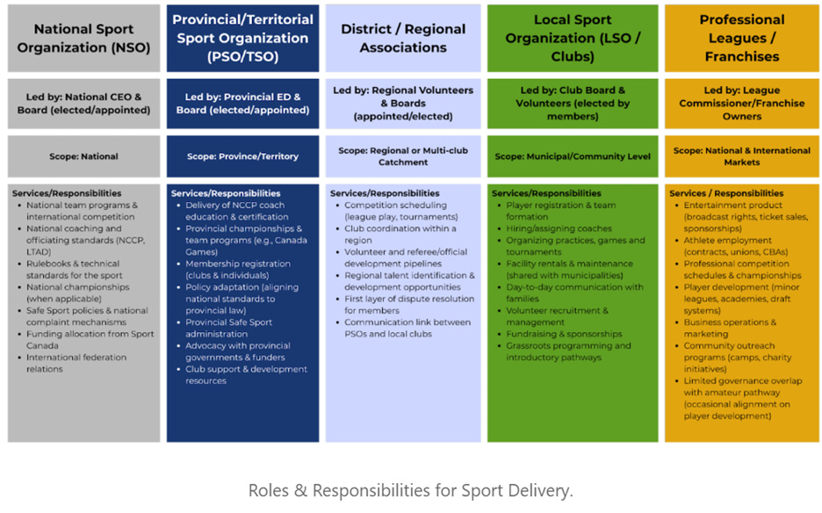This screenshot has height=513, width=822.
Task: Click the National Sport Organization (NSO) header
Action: (83, 38)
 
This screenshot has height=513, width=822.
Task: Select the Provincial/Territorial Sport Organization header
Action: (242, 38)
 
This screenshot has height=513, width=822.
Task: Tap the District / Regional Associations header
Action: (403, 38)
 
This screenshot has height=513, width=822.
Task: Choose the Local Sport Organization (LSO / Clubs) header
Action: (573, 38)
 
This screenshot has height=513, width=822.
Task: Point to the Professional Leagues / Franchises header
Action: (741, 38)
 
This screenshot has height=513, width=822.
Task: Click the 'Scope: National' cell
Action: (83, 156)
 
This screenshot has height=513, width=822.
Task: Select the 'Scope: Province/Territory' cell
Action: (242, 156)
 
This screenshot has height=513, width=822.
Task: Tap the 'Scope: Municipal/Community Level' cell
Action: (573, 156)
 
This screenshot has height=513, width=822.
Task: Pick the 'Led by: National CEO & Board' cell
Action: (83, 104)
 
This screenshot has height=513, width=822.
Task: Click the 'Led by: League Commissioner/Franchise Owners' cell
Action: (741, 104)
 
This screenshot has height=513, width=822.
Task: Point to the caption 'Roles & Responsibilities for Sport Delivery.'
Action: (410, 490)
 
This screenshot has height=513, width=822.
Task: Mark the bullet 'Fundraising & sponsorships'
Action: (564, 334)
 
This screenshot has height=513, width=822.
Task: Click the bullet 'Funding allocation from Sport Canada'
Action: (88, 339)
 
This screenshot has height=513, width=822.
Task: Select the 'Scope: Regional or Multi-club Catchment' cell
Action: (403, 156)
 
